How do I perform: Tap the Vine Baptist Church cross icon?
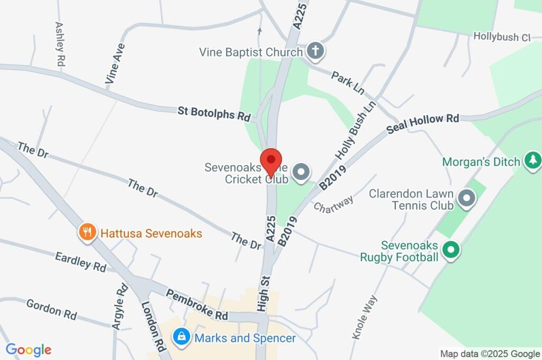click(315, 51)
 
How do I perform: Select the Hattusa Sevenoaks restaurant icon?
click(87, 232)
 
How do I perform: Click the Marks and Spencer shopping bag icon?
click(182, 337)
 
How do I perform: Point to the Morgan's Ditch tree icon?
click(532, 160)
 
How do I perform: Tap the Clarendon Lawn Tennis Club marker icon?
click(466, 199)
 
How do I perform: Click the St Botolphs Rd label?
click(214, 113)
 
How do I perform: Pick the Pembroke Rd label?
click(196, 304)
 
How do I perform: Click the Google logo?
click(29, 349)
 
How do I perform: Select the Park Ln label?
click(348, 83)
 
